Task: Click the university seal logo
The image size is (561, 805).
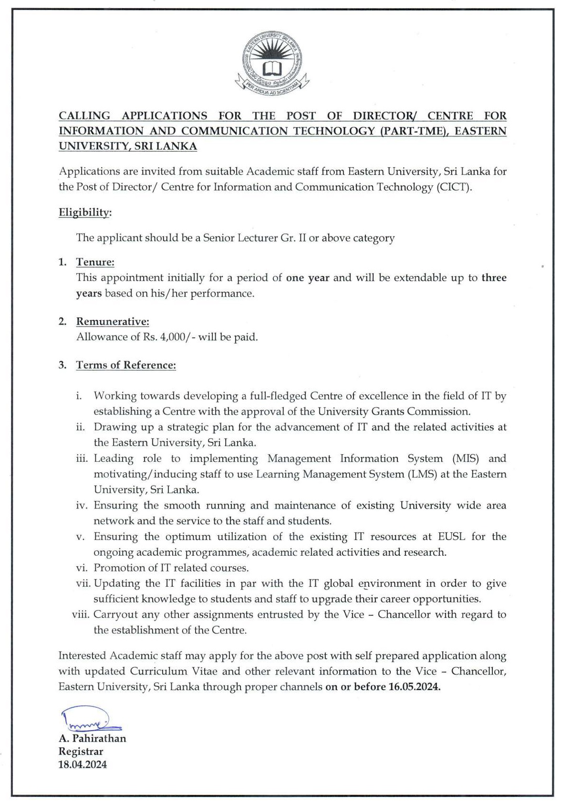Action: point(272,62)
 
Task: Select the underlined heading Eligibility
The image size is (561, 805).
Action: point(84,213)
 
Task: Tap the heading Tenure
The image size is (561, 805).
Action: point(95,262)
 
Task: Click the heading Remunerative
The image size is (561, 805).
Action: point(113,322)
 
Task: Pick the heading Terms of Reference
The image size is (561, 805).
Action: point(126,365)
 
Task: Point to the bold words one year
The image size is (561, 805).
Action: point(308,278)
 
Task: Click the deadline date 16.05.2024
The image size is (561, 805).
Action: point(414,687)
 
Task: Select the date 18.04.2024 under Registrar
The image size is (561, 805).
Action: point(83,764)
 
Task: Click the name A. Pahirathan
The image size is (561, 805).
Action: point(92,738)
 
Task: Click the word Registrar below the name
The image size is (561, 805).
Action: point(81,752)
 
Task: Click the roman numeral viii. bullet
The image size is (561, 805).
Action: point(81,615)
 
